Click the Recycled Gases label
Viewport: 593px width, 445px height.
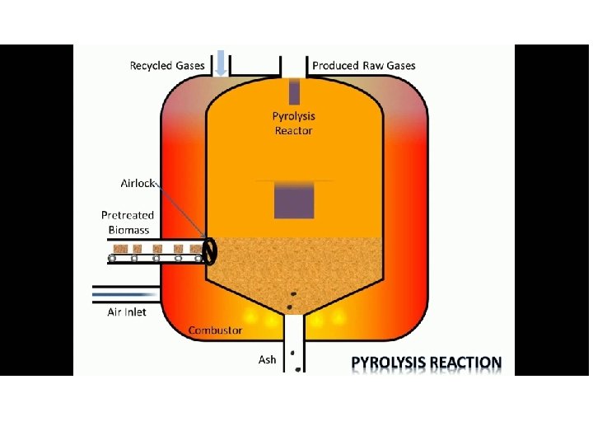167,66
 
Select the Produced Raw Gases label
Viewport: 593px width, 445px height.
364,66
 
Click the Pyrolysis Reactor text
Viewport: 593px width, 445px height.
293,124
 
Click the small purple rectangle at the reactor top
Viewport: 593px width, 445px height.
294,91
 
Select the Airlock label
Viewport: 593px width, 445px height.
138,183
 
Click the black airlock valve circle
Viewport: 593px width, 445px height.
209,251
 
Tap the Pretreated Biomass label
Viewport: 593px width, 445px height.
128,222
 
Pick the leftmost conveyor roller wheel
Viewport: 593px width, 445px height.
113,259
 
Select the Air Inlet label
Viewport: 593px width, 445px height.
127,312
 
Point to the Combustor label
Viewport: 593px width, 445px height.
215,330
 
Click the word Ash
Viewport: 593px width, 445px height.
267,359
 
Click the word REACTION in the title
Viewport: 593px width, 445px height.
468,363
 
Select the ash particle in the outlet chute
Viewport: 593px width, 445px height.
293,354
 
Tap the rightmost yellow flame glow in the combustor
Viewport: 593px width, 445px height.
339,318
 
